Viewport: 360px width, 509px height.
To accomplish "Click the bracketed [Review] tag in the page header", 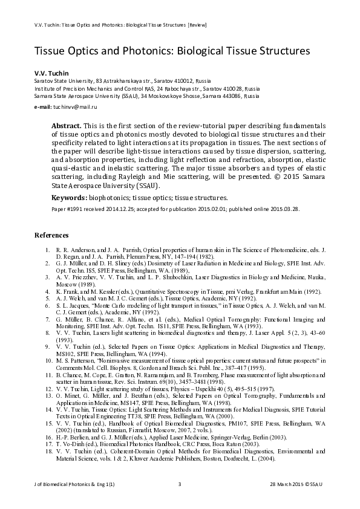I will [x=199, y=25].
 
